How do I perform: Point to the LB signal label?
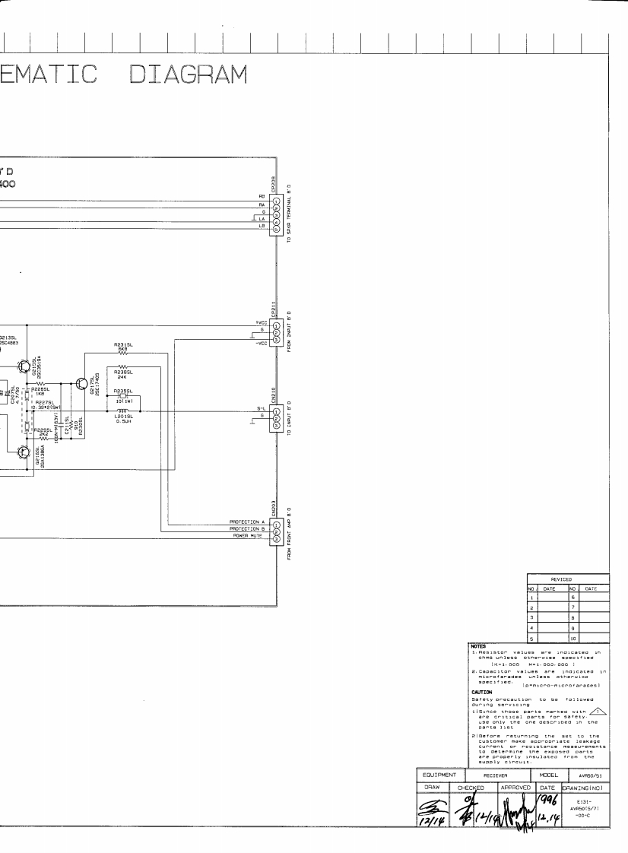[262, 227]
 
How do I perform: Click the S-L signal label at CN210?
[262, 408]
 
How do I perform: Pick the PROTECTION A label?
[246, 522]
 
